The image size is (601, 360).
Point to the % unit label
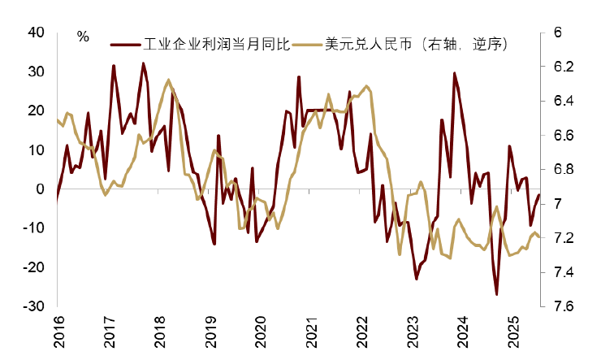[83, 37]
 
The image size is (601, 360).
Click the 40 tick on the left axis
[36, 33]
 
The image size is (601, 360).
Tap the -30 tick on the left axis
[33, 306]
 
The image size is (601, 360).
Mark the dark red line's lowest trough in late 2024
[496, 294]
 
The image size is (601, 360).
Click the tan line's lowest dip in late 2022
[400, 254]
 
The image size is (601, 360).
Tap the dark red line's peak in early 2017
[113, 66]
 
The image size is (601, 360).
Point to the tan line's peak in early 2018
[168, 80]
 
